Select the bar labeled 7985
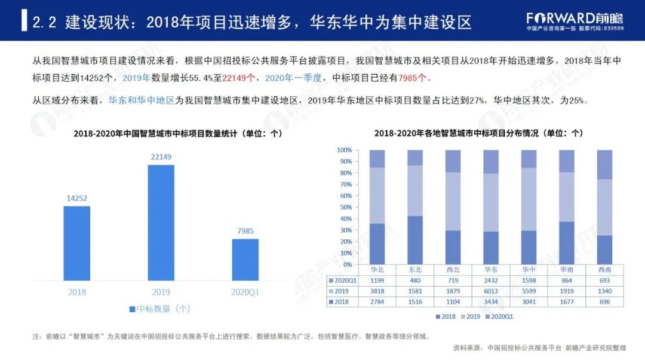click(x=245, y=259)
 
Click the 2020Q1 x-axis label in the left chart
click(x=245, y=292)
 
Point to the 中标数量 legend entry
click(x=159, y=309)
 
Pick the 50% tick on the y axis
click(x=344, y=207)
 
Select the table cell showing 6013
click(x=490, y=291)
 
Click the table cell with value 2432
click(x=490, y=280)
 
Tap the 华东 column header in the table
click(x=490, y=269)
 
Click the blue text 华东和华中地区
click(x=141, y=101)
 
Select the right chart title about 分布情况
click(x=478, y=133)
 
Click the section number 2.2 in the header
click(x=45, y=22)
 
